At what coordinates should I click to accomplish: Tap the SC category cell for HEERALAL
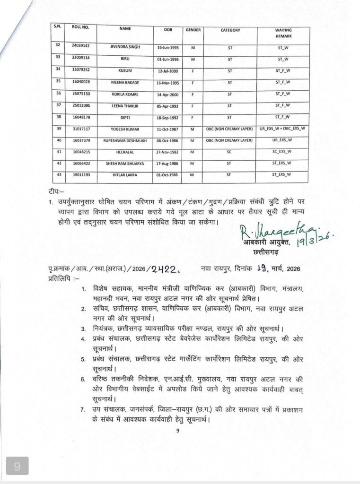coord(230,151)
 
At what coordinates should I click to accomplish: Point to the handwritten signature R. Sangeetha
coord(268,232)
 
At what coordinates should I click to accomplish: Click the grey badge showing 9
coord(18,467)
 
